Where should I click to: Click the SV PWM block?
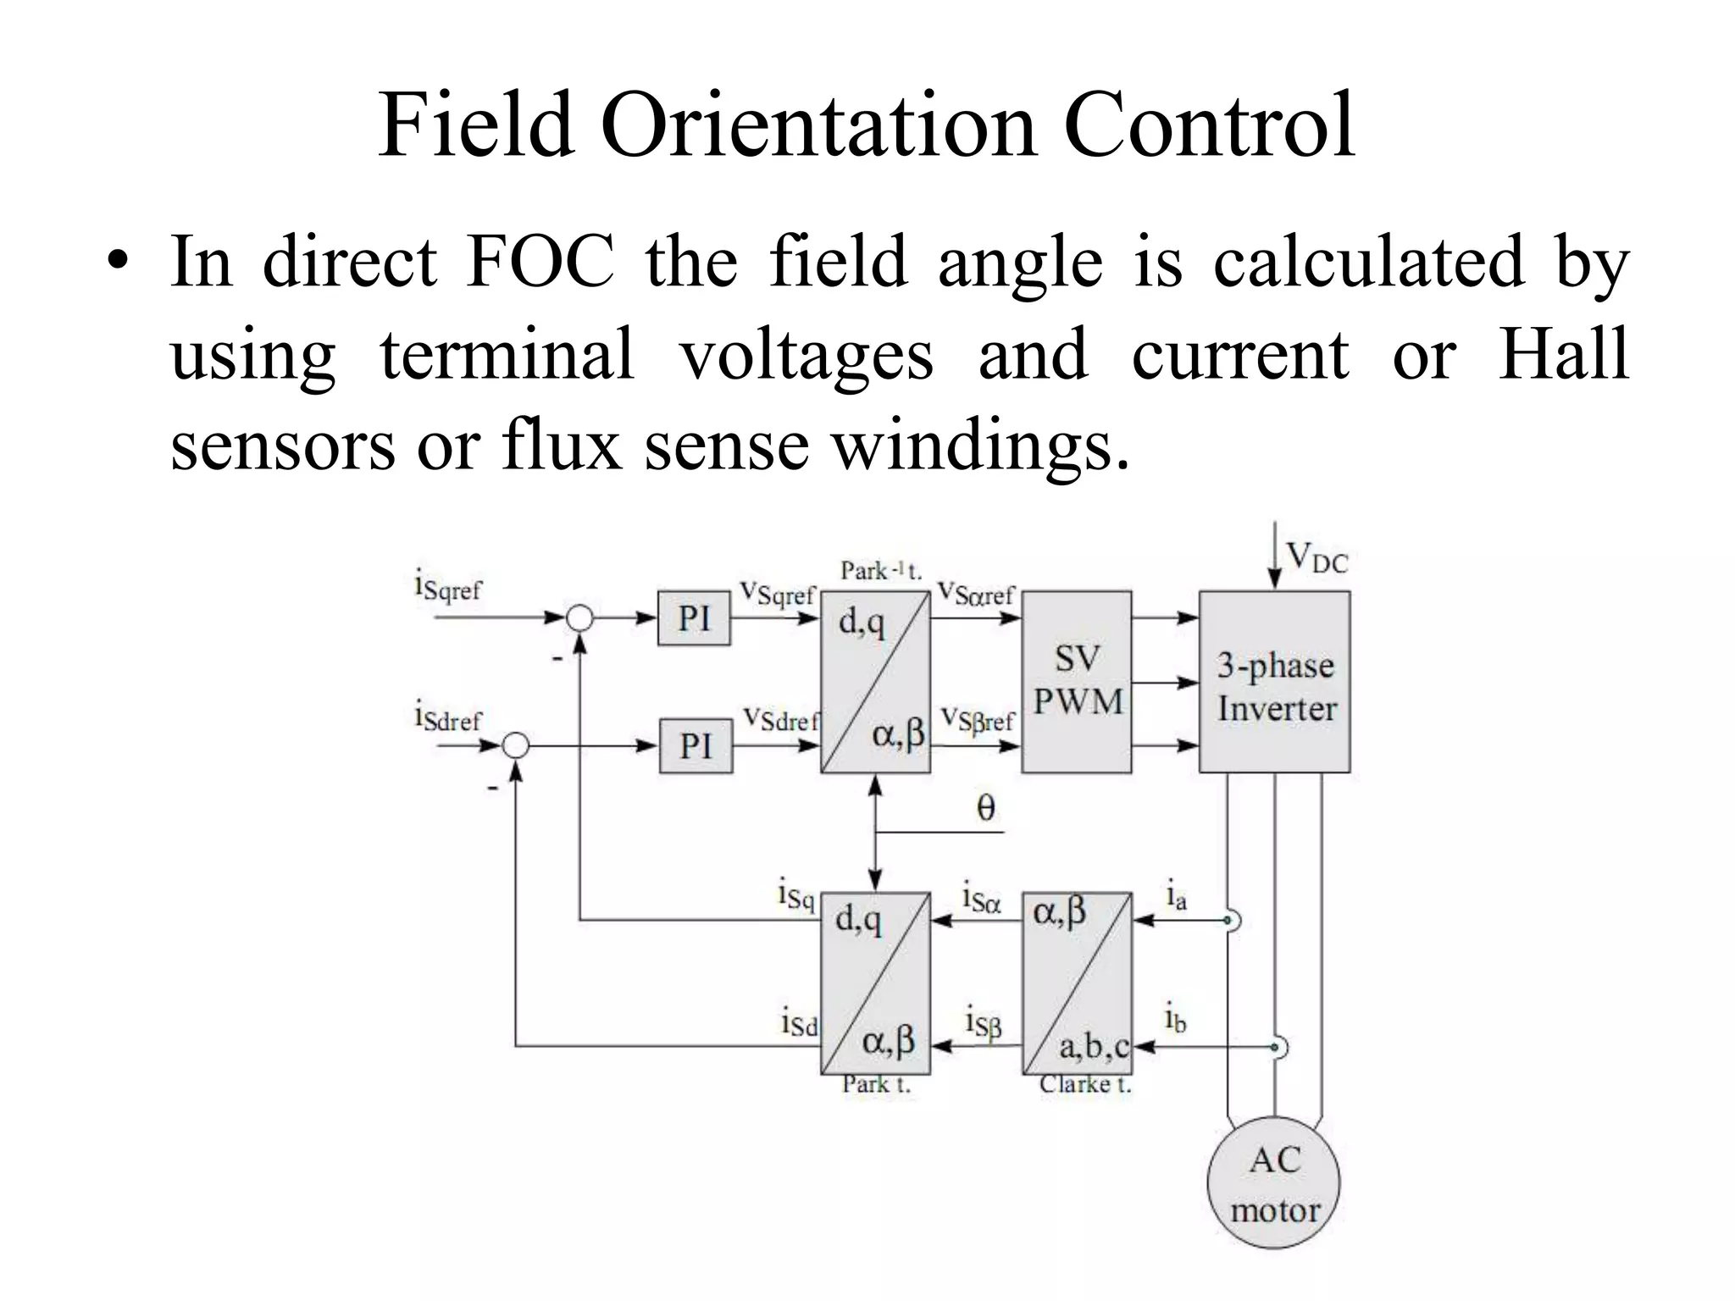click(x=1076, y=682)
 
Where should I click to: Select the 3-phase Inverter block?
click(x=1274, y=682)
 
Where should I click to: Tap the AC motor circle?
click(x=1273, y=1182)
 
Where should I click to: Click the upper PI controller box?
click(x=694, y=618)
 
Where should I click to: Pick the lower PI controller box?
click(x=696, y=746)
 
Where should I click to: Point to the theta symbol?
click(x=985, y=808)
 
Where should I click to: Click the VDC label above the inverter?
click(x=1316, y=559)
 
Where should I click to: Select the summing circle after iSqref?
click(x=579, y=618)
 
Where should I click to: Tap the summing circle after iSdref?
click(x=516, y=746)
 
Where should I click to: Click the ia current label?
click(x=1176, y=896)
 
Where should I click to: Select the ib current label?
click(x=1175, y=1019)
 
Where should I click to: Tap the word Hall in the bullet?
click(x=1563, y=354)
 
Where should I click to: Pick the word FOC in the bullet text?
click(x=540, y=263)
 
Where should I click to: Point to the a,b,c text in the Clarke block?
click(x=1094, y=1048)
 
